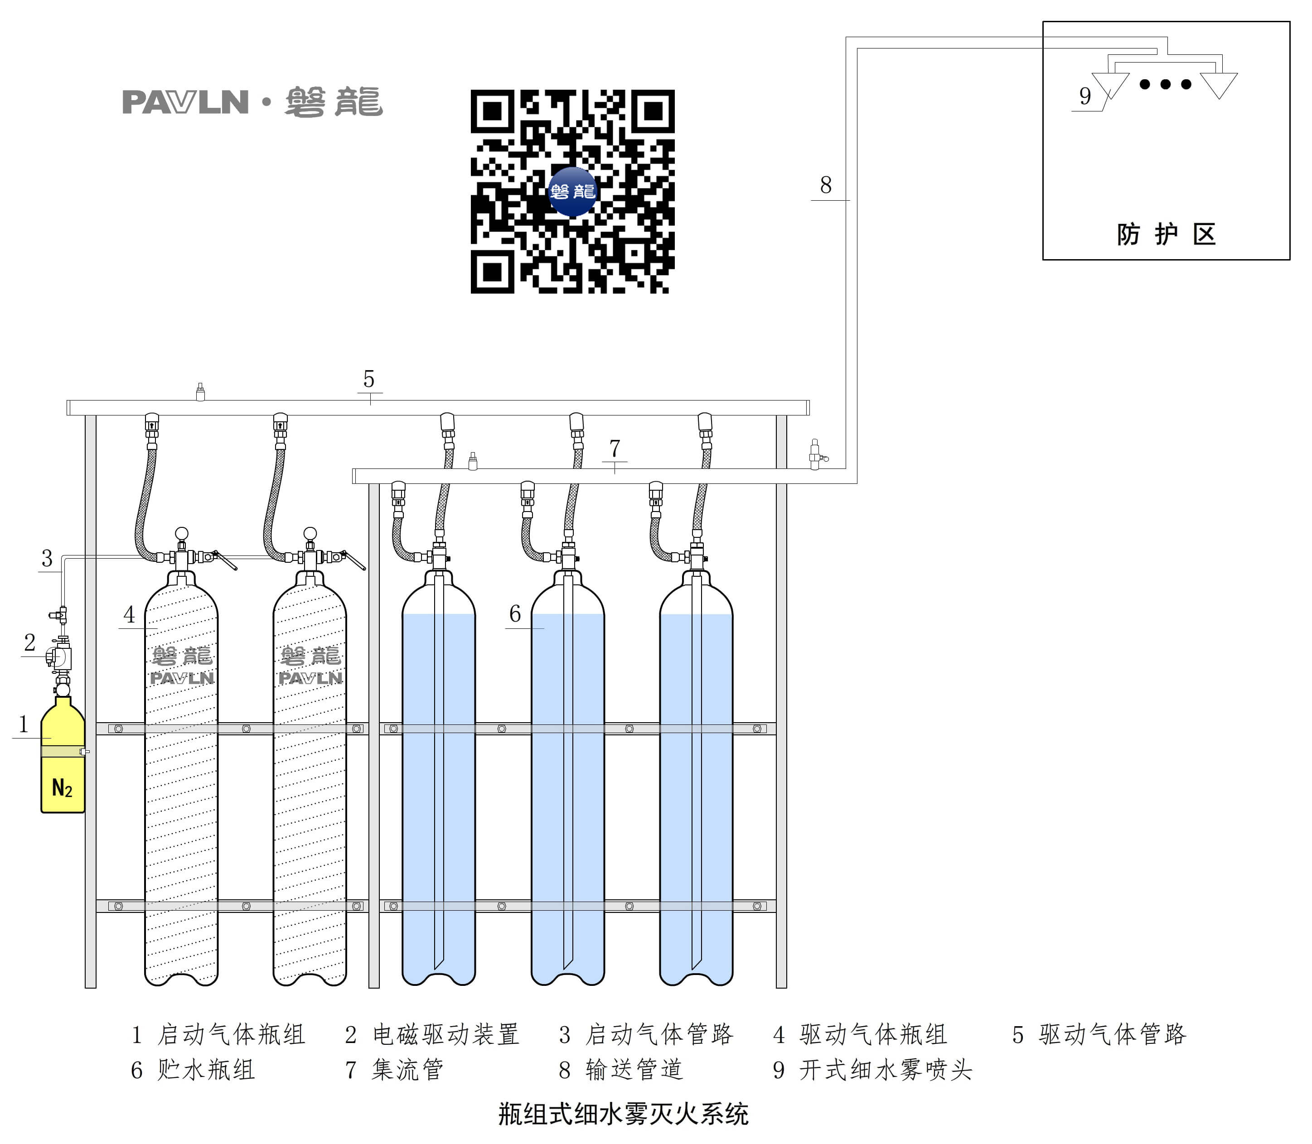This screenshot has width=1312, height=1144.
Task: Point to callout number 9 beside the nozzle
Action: pyautogui.click(x=1084, y=96)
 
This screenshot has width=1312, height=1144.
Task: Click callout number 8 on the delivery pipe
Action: pyautogui.click(x=826, y=185)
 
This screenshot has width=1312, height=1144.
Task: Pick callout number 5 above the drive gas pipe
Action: pyautogui.click(x=368, y=379)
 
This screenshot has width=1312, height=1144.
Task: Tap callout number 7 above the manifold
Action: pyautogui.click(x=614, y=449)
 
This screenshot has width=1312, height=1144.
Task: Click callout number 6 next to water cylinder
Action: pyautogui.click(x=514, y=613)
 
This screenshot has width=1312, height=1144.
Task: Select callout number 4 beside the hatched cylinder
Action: pyautogui.click(x=129, y=614)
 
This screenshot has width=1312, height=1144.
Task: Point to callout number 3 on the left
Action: pyautogui.click(x=47, y=559)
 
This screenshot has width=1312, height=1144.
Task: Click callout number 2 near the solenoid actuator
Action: pyautogui.click(x=29, y=642)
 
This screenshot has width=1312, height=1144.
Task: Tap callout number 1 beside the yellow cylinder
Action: pyautogui.click(x=24, y=724)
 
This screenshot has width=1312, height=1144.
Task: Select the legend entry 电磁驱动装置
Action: pyautogui.click(x=445, y=1035)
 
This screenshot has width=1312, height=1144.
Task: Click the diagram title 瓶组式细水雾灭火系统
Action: pyautogui.click(x=623, y=1114)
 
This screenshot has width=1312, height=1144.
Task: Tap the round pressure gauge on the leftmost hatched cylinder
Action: pyautogui.click(x=181, y=533)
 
